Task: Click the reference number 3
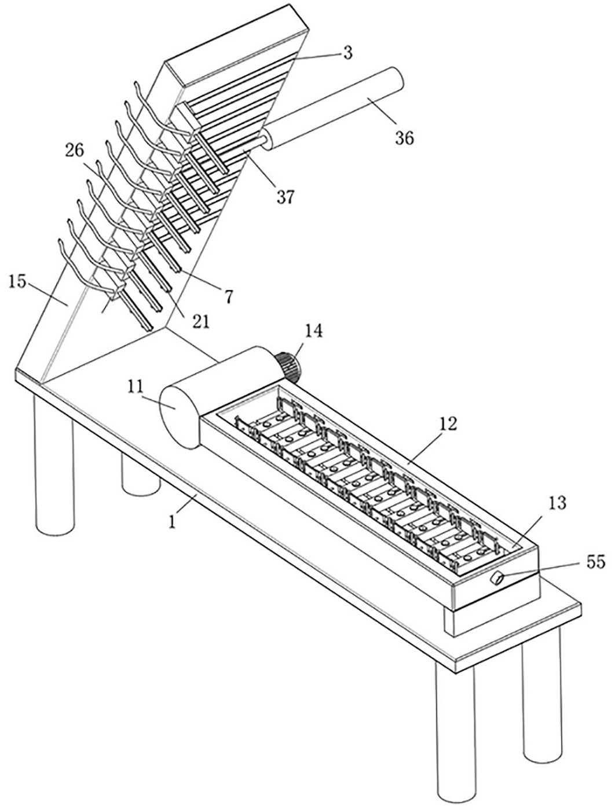[347, 53]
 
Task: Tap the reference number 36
[405, 138]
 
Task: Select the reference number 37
[285, 197]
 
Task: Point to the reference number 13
[557, 503]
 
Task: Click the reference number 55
[595, 562]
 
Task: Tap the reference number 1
[172, 522]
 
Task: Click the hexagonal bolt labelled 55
[496, 578]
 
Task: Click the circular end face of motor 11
[178, 413]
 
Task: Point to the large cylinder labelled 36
[332, 109]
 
